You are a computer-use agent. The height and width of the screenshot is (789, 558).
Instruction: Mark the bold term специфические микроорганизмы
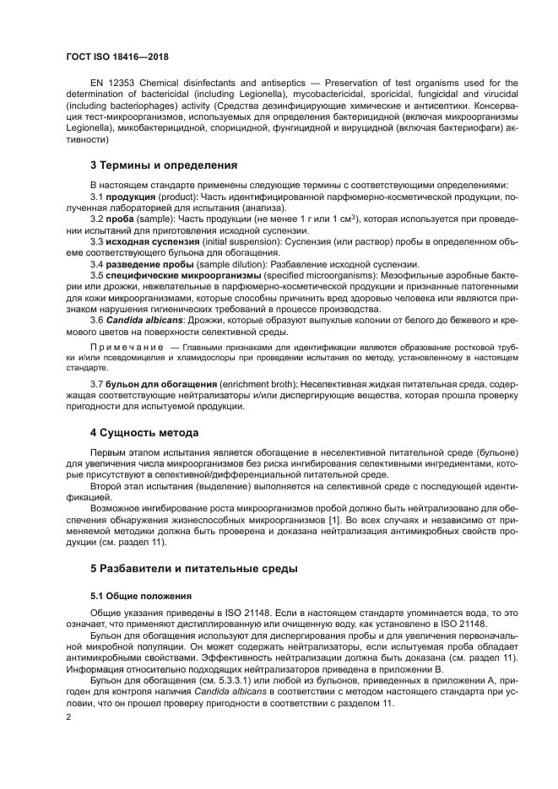[185, 275]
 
